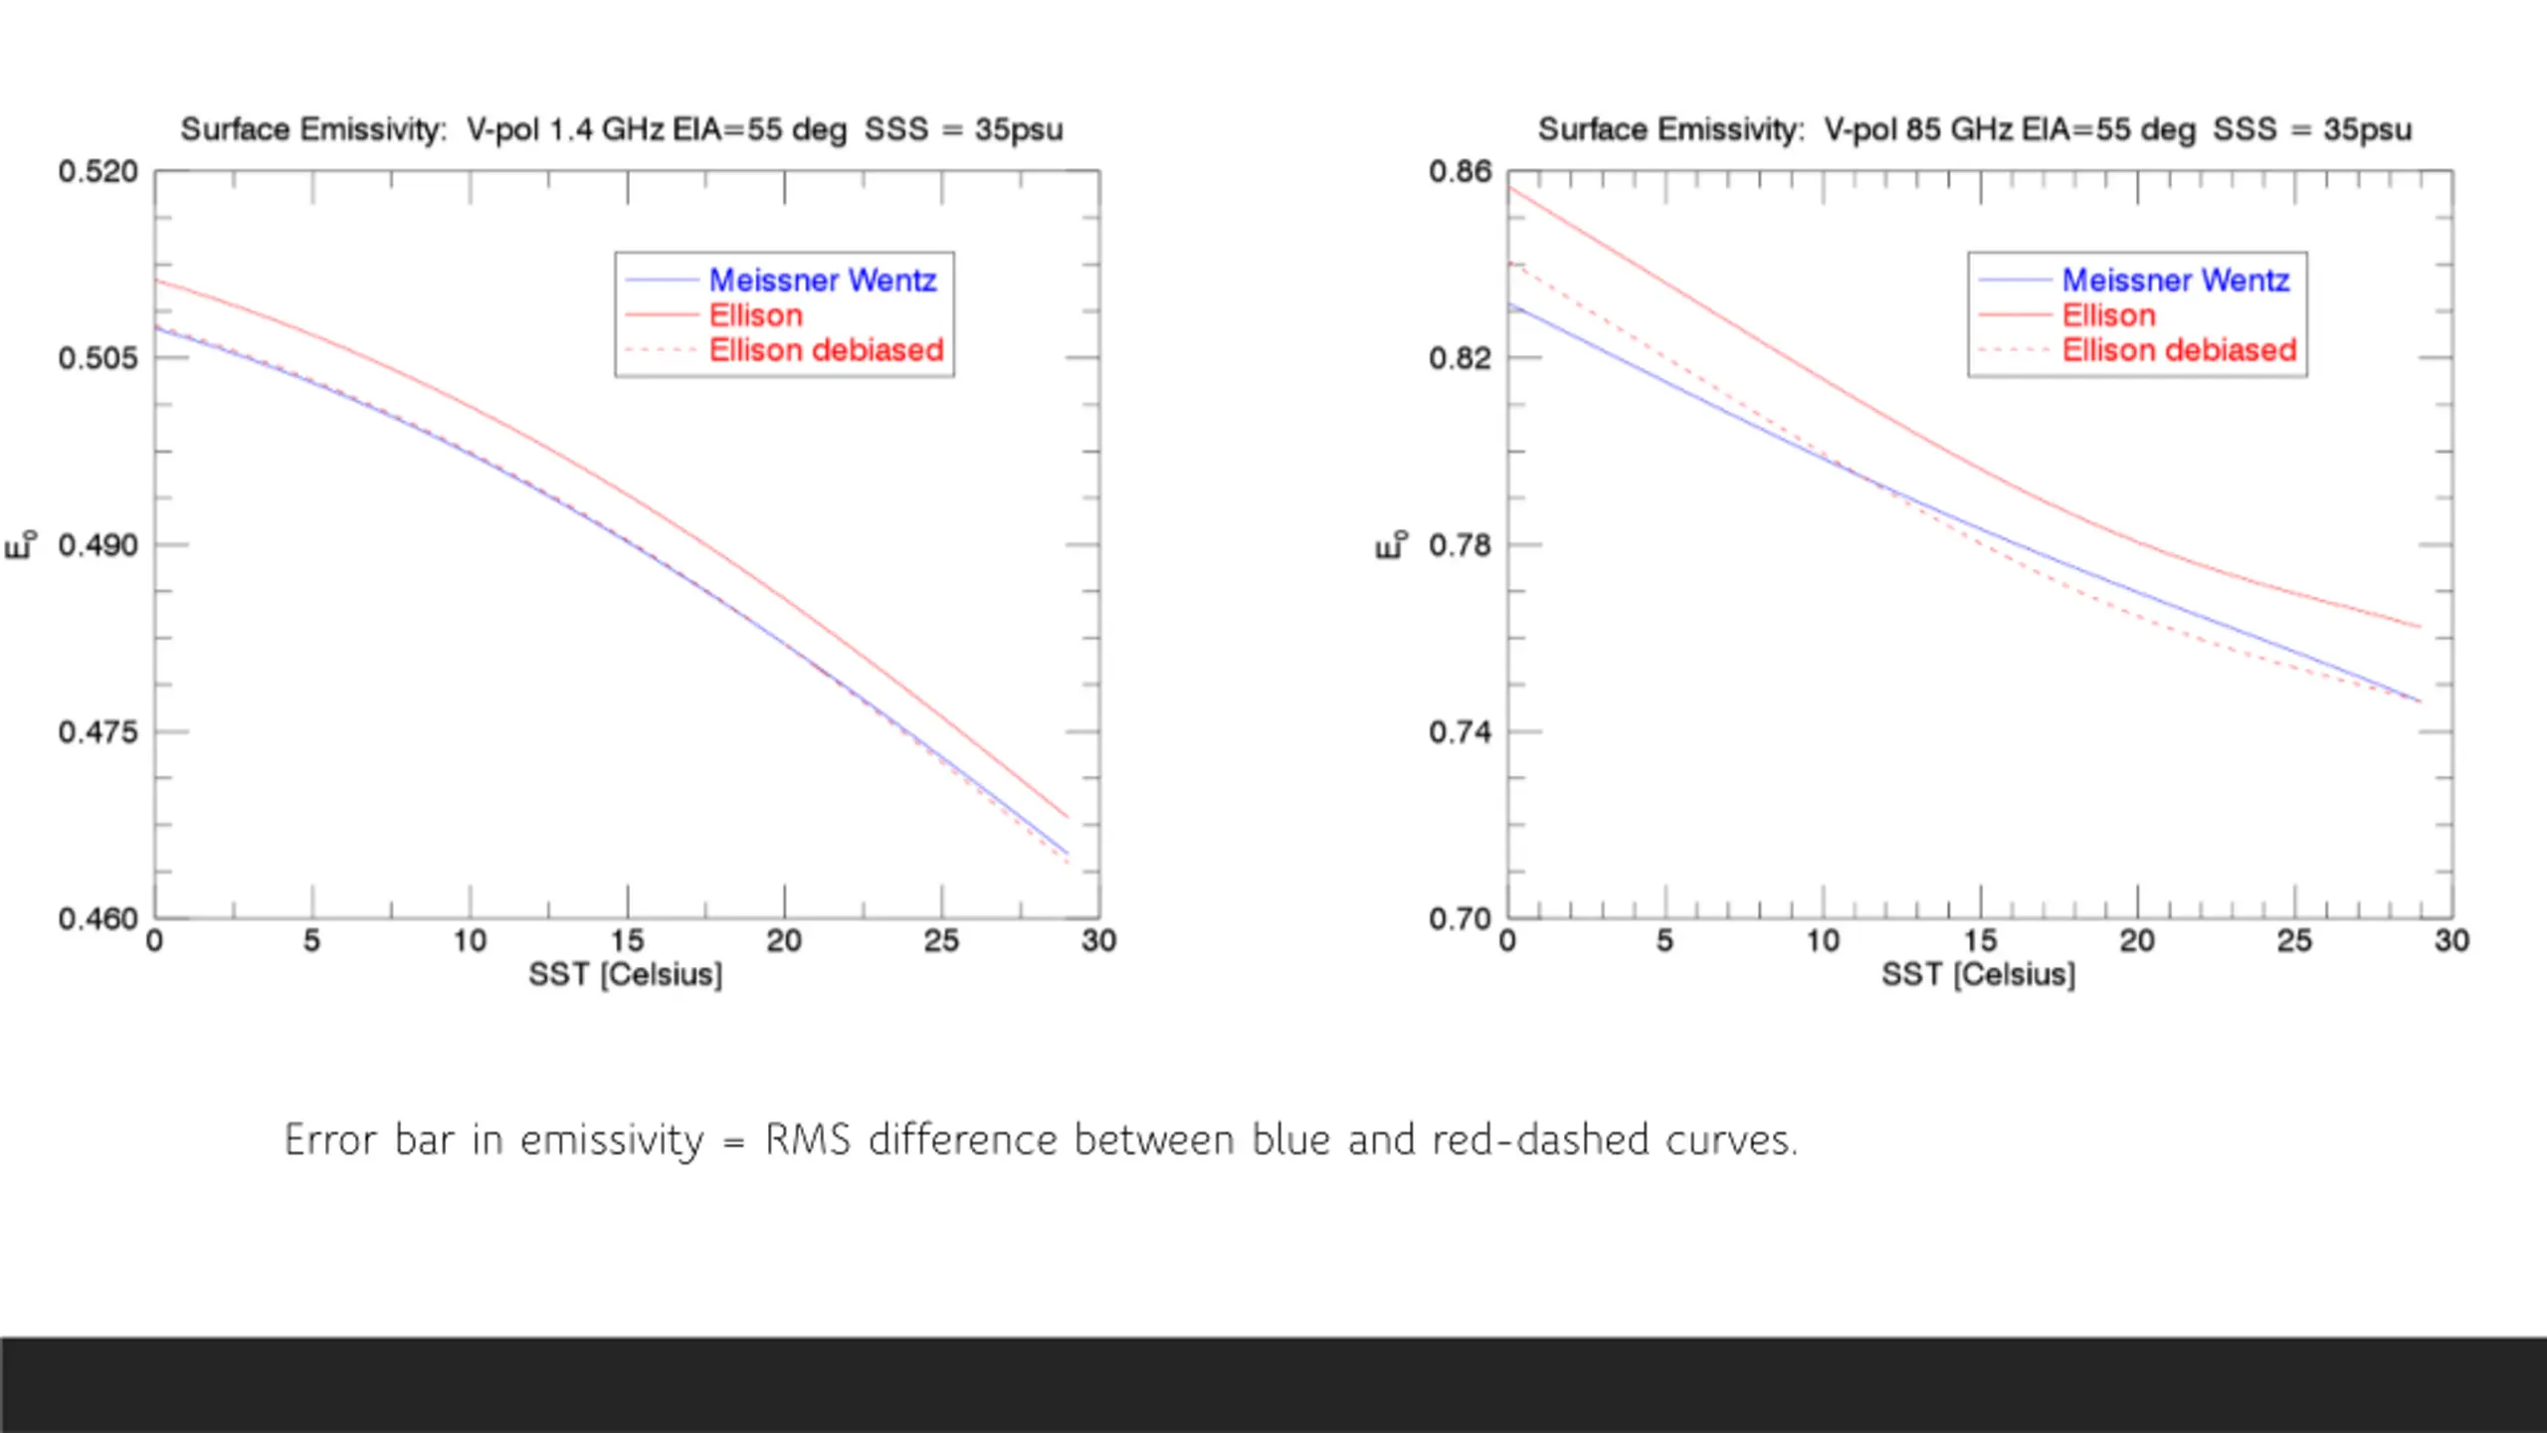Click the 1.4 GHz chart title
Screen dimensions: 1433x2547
[x=621, y=129]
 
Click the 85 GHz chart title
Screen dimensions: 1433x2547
[x=1974, y=129]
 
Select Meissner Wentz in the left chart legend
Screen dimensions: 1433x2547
[x=822, y=281]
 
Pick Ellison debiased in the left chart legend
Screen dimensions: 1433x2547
[x=826, y=350]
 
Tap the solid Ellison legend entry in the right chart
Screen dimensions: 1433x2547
[x=2108, y=315]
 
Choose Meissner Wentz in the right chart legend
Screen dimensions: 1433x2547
[x=2175, y=281]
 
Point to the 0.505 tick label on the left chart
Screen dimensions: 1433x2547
[x=98, y=358]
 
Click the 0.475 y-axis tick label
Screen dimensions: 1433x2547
[x=98, y=732]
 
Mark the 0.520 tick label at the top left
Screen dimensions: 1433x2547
[x=98, y=172]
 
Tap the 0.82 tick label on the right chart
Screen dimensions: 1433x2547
[x=1460, y=358]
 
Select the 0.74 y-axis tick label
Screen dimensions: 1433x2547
[x=1460, y=732]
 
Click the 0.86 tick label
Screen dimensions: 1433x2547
[x=1460, y=172]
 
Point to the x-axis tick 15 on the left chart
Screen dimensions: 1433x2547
[x=627, y=941]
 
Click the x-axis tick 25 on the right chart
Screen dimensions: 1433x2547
[x=2294, y=941]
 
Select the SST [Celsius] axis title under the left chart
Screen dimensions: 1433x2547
[x=625, y=974]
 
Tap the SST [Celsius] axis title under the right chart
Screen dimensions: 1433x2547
[x=1978, y=974]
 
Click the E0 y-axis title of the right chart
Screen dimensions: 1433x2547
[x=1390, y=544]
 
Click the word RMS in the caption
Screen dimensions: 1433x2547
[x=807, y=1140]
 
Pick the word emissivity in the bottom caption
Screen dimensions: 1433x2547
[x=611, y=1140]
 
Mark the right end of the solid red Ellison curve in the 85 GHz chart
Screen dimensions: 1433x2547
[x=2419, y=627]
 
